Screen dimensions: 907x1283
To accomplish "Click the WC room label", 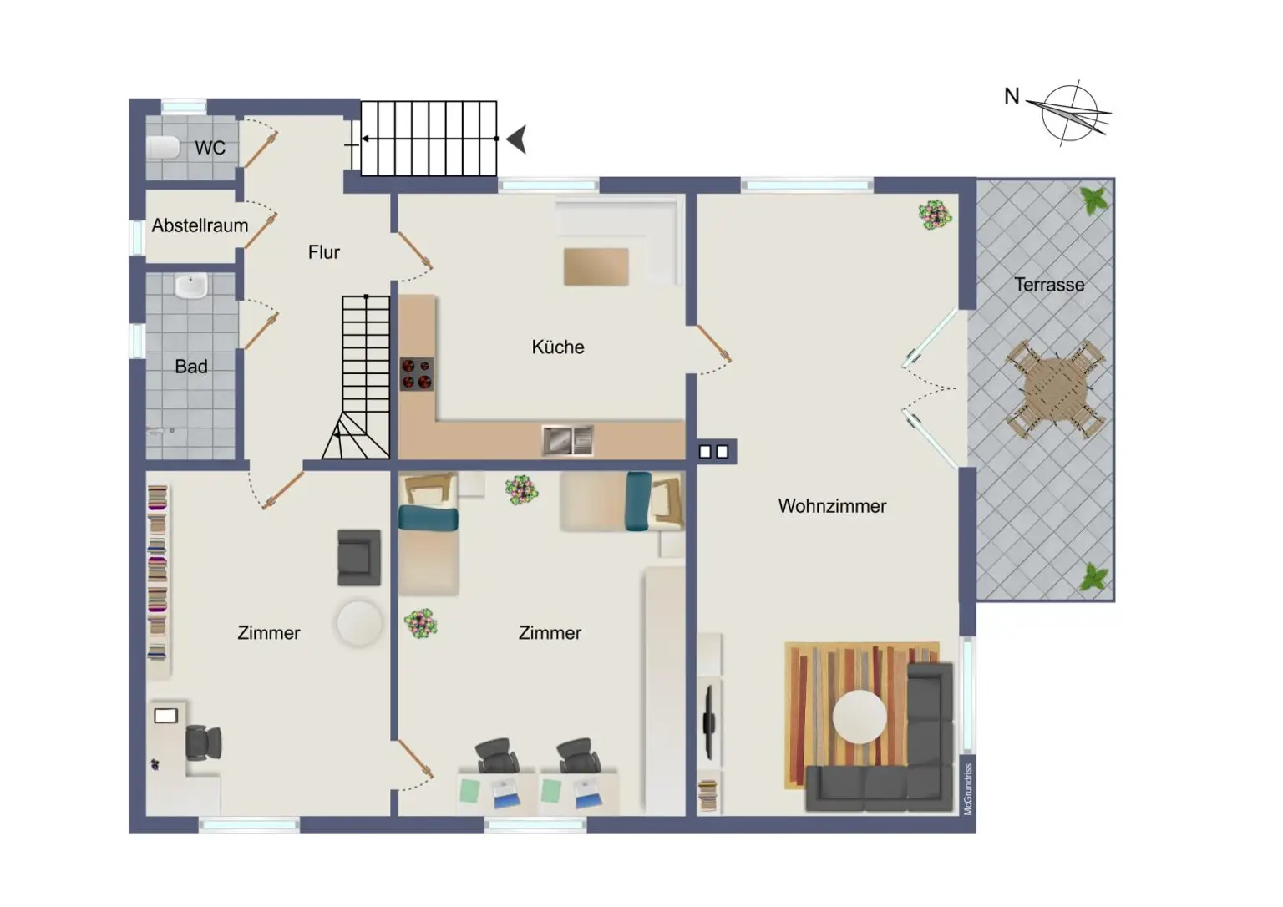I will pos(210,148).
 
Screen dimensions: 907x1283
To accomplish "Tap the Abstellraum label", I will pos(200,225).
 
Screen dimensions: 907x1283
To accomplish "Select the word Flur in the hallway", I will pos(324,252).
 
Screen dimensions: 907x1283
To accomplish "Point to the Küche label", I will pos(558,347).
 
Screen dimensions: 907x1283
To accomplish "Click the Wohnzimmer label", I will pos(832,506).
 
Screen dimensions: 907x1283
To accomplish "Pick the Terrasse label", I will pos(1049,285).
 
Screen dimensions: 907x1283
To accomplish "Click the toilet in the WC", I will pos(164,148).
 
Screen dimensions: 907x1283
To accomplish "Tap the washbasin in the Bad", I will pos(191,286).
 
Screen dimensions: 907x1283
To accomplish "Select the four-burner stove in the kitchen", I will pos(417,373).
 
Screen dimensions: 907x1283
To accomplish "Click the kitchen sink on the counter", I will pos(568,440).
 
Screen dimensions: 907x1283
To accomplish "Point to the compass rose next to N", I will pos(1070,113).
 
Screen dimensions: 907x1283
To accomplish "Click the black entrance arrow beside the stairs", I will pos(517,139).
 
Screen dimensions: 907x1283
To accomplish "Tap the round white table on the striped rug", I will pos(860,717).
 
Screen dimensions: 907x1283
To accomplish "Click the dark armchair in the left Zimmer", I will pos(359,556).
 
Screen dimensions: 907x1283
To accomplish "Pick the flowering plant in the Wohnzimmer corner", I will pos(935,215).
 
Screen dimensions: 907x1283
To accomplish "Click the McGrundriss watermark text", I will pos(968,788).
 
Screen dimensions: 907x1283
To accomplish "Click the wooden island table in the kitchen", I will pos(596,267).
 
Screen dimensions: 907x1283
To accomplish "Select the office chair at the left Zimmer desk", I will pos(203,742).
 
